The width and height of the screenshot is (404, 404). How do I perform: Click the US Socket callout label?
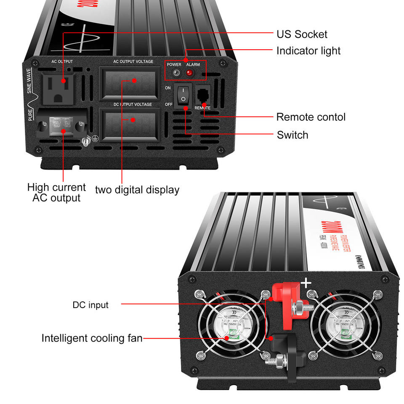pyautogui.click(x=302, y=34)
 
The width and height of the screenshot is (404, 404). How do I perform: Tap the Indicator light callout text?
pyautogui.click(x=308, y=51)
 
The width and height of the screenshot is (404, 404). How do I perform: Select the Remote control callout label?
pyautogui.click(x=311, y=117)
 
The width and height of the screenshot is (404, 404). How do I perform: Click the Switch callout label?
pyautogui.click(x=292, y=135)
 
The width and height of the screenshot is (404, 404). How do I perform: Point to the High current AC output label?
pyautogui.click(x=56, y=192)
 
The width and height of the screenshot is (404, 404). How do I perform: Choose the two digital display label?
pyautogui.click(x=137, y=190)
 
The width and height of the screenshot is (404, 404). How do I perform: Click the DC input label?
pyautogui.click(x=90, y=305)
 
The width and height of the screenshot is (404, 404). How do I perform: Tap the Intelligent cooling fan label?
pyautogui.click(x=92, y=338)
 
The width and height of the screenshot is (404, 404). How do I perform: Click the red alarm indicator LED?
pyautogui.click(x=189, y=73)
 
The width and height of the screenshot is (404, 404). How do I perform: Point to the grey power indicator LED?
pyautogui.click(x=176, y=73)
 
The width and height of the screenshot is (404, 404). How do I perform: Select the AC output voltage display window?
pyautogui.click(x=130, y=82)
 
